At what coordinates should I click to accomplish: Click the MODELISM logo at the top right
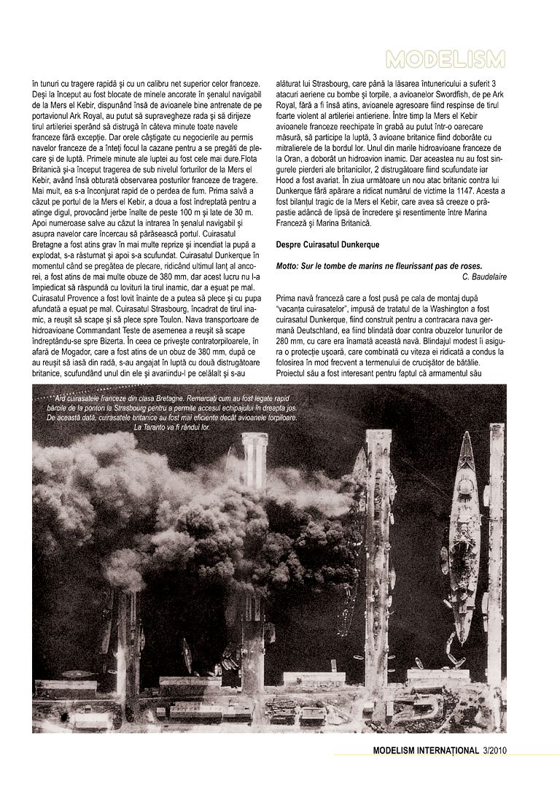click(446, 59)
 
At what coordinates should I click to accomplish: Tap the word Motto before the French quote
click(288, 265)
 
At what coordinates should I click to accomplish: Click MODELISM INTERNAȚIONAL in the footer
click(426, 750)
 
